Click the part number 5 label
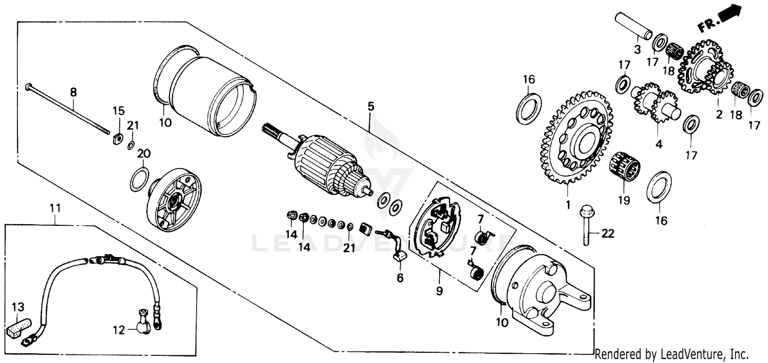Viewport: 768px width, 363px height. click(x=370, y=106)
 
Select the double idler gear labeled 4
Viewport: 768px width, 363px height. click(x=653, y=103)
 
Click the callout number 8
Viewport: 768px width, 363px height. click(x=73, y=92)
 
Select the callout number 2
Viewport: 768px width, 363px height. click(x=719, y=115)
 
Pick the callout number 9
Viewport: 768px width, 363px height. click(x=439, y=291)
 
